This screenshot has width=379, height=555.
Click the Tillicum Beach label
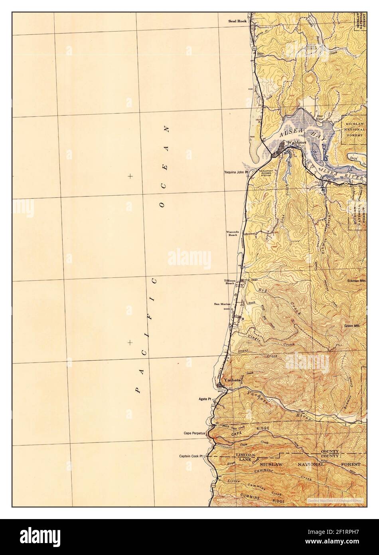231,283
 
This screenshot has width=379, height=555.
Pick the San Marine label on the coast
223,304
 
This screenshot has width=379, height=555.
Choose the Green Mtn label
352,326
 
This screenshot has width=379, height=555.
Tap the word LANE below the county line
244,460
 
